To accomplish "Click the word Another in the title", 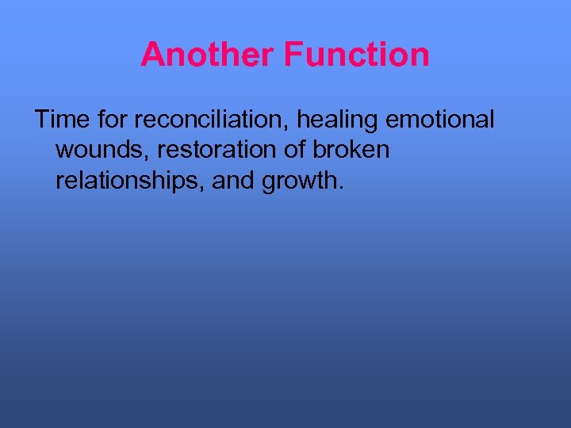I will pyautogui.click(x=208, y=55).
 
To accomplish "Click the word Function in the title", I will pyautogui.click(x=356, y=55).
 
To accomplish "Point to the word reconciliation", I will pyautogui.click(x=212, y=120).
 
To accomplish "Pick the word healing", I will pyautogui.click(x=339, y=121).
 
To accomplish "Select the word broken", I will pyautogui.click(x=353, y=151).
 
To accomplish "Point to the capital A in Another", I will pyautogui.click(x=151, y=55).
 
